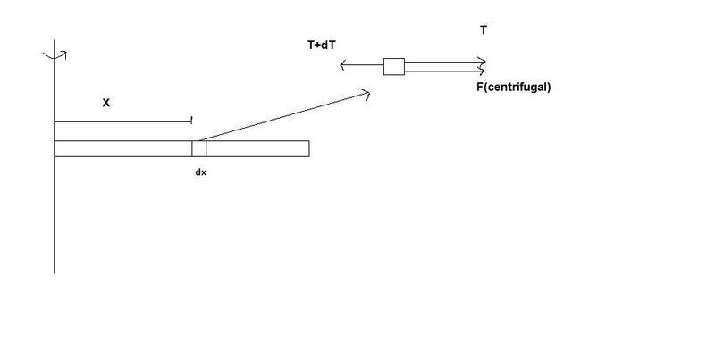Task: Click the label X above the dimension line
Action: [x=105, y=104]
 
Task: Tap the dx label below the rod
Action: [x=200, y=172]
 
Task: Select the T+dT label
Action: [x=322, y=45]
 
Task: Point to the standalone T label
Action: [x=484, y=30]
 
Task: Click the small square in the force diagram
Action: [x=394, y=66]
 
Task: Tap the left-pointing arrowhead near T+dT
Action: [x=343, y=65]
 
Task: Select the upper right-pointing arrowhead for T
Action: [x=483, y=62]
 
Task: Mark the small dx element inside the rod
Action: [x=198, y=148]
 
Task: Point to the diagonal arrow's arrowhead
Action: [x=366, y=94]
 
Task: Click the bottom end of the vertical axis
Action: [x=55, y=273]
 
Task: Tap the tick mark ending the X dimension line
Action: [x=191, y=121]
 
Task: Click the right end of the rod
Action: [x=309, y=148]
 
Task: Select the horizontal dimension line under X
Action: [x=122, y=121]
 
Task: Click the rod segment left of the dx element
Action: [x=123, y=148]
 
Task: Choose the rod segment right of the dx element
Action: [x=257, y=148]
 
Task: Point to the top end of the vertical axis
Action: [x=55, y=40]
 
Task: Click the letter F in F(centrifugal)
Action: [x=480, y=87]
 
